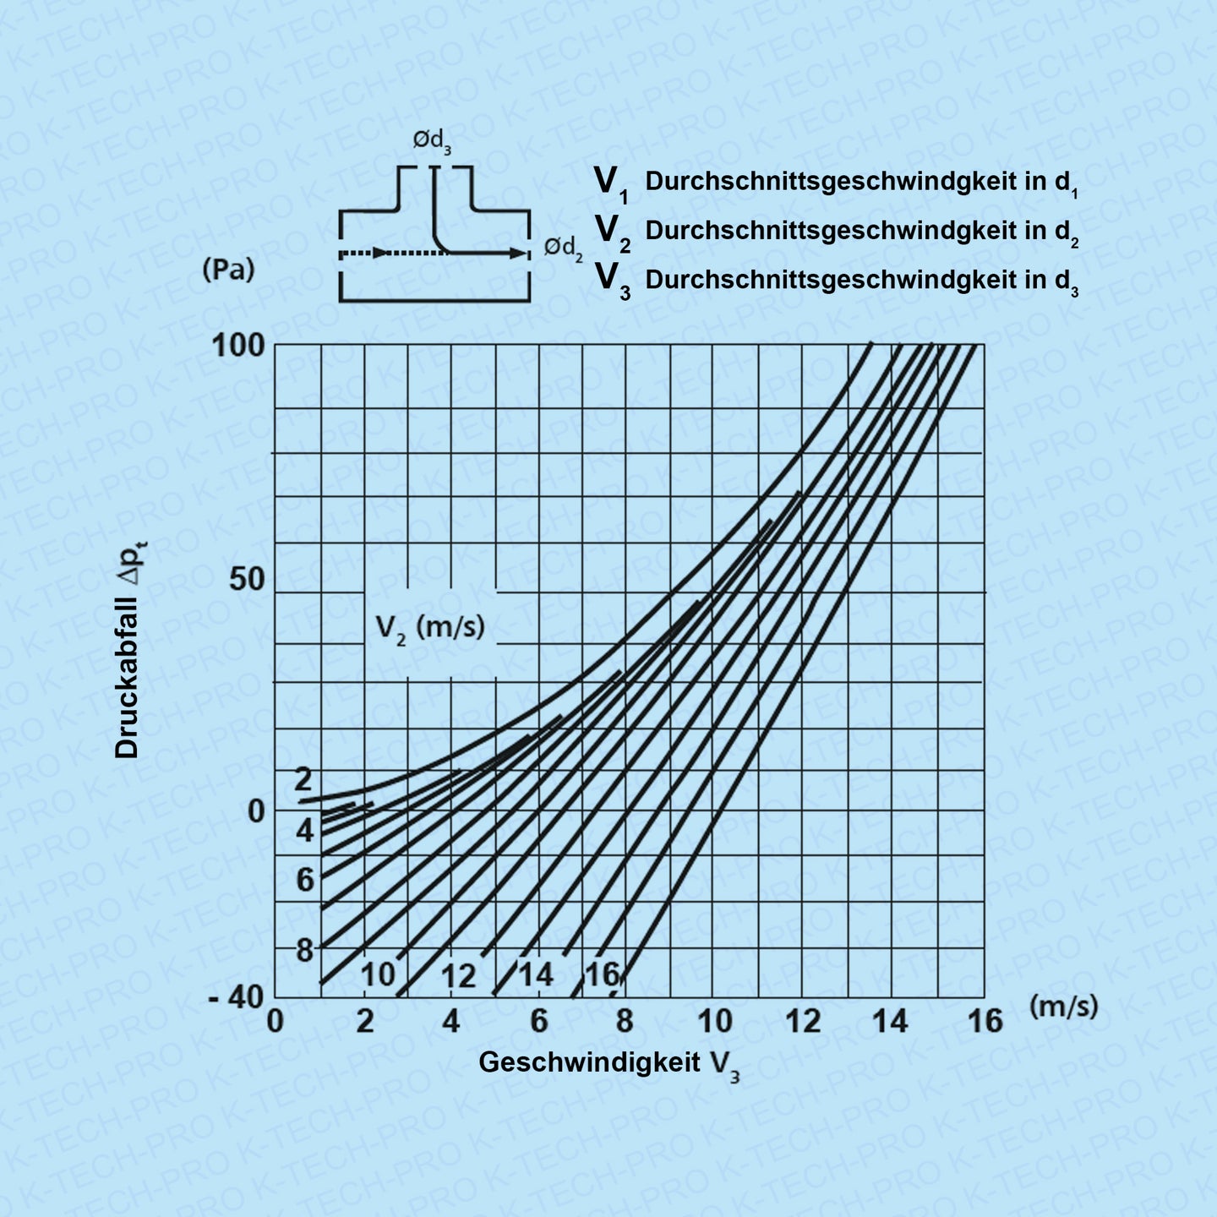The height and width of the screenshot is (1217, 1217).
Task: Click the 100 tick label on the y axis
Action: point(237,346)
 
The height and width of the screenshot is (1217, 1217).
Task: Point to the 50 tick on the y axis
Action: point(246,580)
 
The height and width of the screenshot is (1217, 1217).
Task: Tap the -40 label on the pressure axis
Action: point(236,997)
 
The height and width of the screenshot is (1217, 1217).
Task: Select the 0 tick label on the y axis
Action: point(256,811)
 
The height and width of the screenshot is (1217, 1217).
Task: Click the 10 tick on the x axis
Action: point(714,1022)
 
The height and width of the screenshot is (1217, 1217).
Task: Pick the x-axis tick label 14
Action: point(890,1022)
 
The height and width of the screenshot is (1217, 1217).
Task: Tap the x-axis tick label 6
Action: point(538,1022)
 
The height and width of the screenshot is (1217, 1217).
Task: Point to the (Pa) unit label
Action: point(228,270)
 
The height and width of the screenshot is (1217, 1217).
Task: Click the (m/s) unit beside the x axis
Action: point(1063,1006)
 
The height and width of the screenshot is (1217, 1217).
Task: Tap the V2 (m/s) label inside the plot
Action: point(430,628)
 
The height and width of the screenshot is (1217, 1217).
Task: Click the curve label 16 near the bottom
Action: point(602,974)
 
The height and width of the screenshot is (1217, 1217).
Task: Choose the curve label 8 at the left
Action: point(304,951)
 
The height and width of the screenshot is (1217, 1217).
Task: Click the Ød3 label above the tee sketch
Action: point(432,141)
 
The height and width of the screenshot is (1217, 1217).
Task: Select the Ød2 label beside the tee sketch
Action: point(563,248)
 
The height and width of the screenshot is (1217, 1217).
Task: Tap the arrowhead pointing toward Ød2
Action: point(517,253)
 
